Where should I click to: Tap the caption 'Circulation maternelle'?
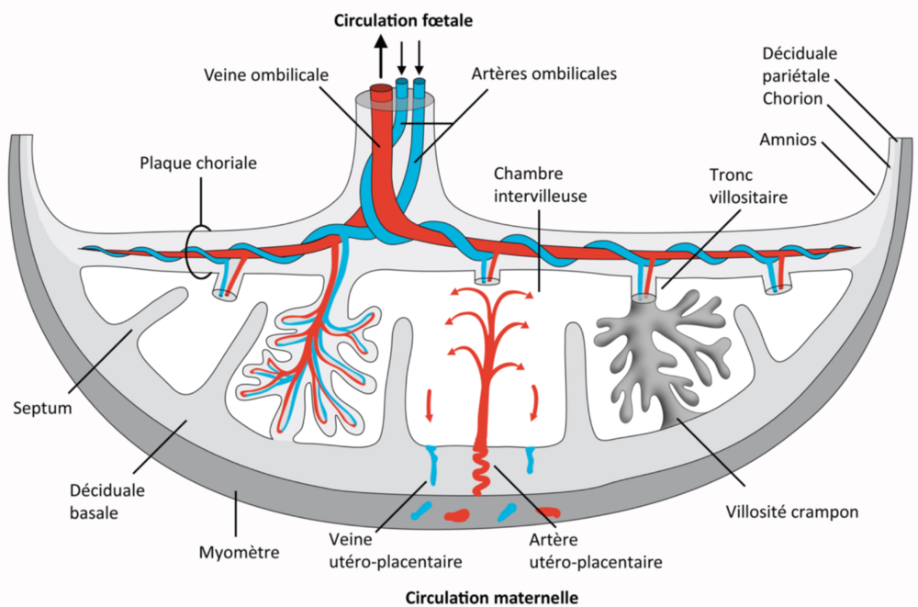tap(492, 597)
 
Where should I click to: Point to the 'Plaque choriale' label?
tap(198, 163)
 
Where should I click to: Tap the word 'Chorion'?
tap(791, 98)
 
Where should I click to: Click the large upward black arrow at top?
tap(380, 61)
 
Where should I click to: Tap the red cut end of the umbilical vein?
tap(380, 90)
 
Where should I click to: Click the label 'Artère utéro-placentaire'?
tap(596, 548)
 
